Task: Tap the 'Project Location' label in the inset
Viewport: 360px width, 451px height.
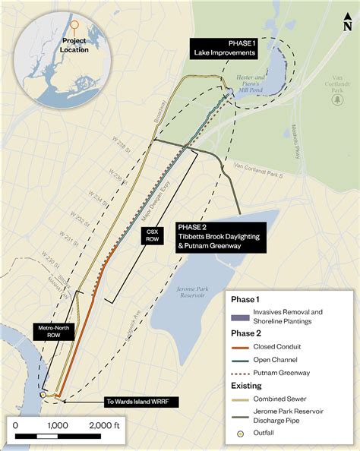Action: coord(74,45)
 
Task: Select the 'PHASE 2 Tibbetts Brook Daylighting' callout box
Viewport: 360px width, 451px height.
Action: coord(220,232)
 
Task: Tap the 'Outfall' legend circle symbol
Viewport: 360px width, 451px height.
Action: coord(238,434)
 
